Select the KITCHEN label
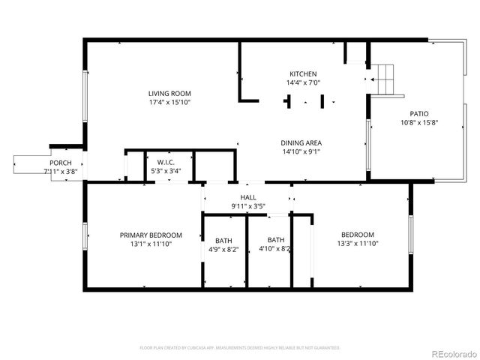303,73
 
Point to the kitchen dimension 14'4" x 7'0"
303,82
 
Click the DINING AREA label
301,142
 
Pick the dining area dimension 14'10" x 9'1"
301,151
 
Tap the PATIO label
419,113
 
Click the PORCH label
61,163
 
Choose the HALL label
248,196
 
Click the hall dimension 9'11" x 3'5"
248,205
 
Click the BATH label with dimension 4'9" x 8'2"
223,241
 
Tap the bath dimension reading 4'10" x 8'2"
275,249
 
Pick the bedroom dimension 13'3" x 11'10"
358,244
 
